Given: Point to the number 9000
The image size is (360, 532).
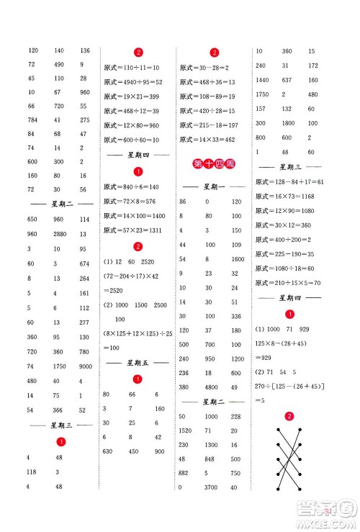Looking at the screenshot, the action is (x=85, y=367).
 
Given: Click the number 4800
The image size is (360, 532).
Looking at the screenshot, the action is (x=210, y=387).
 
